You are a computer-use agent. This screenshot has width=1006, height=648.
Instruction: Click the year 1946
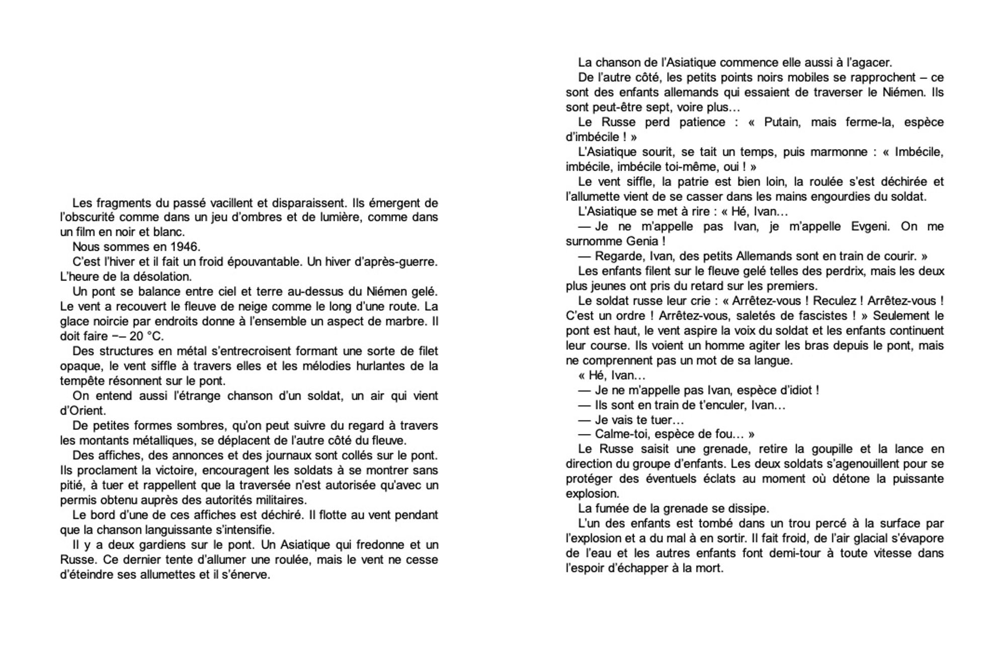pyautogui.click(x=185, y=247)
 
